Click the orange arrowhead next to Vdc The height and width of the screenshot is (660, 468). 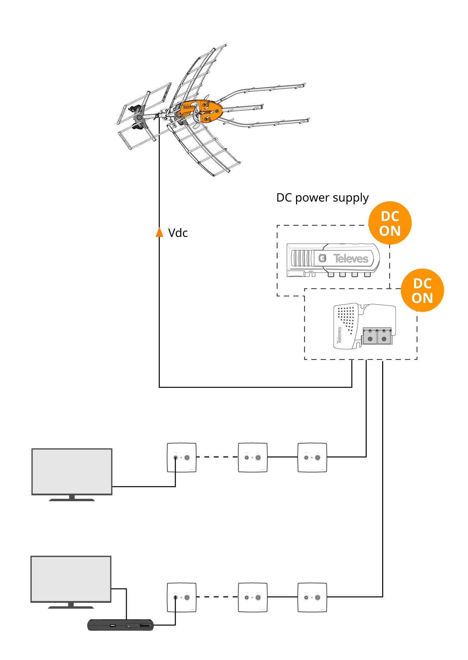(x=159, y=232)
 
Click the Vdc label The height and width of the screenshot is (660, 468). (x=178, y=233)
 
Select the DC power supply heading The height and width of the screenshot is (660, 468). (x=322, y=198)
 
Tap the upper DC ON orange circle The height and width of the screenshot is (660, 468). (x=390, y=223)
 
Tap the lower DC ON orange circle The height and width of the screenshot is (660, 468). (x=422, y=290)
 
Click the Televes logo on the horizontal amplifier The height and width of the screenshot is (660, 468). (x=351, y=259)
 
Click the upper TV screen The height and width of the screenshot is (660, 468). (x=72, y=471)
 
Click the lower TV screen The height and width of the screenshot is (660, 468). (x=71, y=579)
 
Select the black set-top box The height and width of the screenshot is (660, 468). (x=120, y=625)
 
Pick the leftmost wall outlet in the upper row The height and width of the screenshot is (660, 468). (x=182, y=458)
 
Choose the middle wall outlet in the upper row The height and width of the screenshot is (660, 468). (x=253, y=458)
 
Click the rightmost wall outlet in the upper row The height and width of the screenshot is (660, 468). (x=312, y=458)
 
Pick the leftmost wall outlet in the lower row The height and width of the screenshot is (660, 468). (x=182, y=598)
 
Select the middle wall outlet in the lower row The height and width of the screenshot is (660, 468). (x=253, y=598)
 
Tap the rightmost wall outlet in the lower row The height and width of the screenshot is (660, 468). (x=312, y=598)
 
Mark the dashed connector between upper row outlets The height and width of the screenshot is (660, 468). (x=217, y=457)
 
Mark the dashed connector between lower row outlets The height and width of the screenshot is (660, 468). (x=217, y=597)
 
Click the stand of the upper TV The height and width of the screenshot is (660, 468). (x=72, y=498)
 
